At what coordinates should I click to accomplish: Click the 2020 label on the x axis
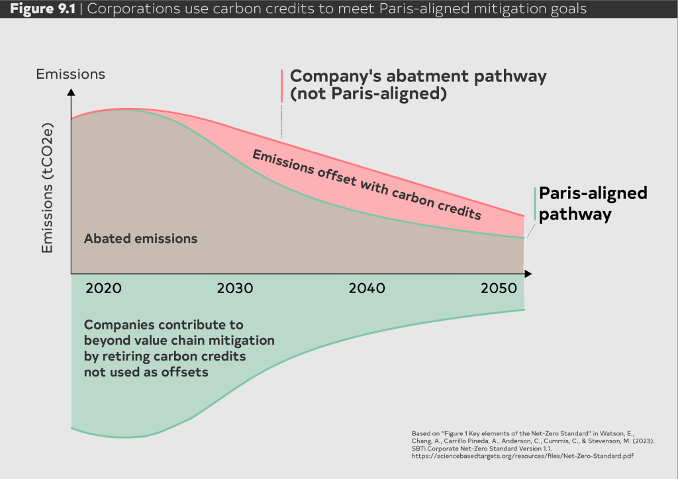[x=103, y=288]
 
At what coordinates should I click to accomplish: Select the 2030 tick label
[x=235, y=288]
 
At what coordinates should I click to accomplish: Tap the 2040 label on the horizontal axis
[x=367, y=288]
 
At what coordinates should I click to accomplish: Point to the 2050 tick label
[x=499, y=288]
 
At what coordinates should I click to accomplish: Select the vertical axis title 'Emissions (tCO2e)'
[x=48, y=191]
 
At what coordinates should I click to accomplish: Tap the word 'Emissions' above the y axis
[x=70, y=74]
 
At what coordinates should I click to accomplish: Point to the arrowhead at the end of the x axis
[x=528, y=273]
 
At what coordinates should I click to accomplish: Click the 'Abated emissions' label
[x=140, y=238]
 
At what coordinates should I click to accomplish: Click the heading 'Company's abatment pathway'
[x=418, y=76]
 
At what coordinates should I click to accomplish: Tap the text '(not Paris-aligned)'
[x=365, y=94]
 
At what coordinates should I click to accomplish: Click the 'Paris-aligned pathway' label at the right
[x=593, y=204]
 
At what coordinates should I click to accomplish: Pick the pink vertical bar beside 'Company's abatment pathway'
[x=281, y=85]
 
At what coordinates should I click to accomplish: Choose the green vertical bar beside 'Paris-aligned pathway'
[x=534, y=204]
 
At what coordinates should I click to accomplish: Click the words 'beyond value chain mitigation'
[x=179, y=341]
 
